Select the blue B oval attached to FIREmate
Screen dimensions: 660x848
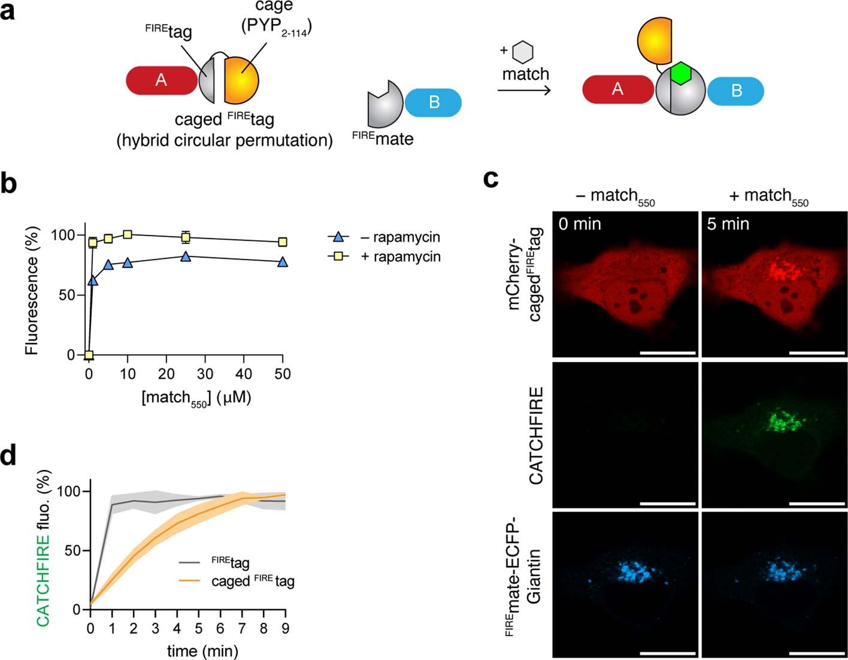[x=433, y=103]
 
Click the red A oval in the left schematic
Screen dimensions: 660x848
[x=161, y=80]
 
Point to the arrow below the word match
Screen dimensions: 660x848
[x=524, y=91]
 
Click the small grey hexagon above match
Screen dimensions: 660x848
[x=524, y=52]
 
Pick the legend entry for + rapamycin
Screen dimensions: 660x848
[x=400, y=257]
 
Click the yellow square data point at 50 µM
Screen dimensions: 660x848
[x=283, y=242]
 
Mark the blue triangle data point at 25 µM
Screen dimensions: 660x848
[x=186, y=257]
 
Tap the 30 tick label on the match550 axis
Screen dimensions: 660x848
[x=205, y=374]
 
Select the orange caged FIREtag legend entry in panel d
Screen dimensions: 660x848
[x=252, y=581]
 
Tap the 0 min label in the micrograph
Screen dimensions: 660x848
[x=580, y=224]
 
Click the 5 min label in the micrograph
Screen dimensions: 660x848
[x=727, y=224]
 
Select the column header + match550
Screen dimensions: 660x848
[x=768, y=197]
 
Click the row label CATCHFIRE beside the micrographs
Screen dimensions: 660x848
[x=536, y=436]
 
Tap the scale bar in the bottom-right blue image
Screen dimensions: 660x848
[x=817, y=652]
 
